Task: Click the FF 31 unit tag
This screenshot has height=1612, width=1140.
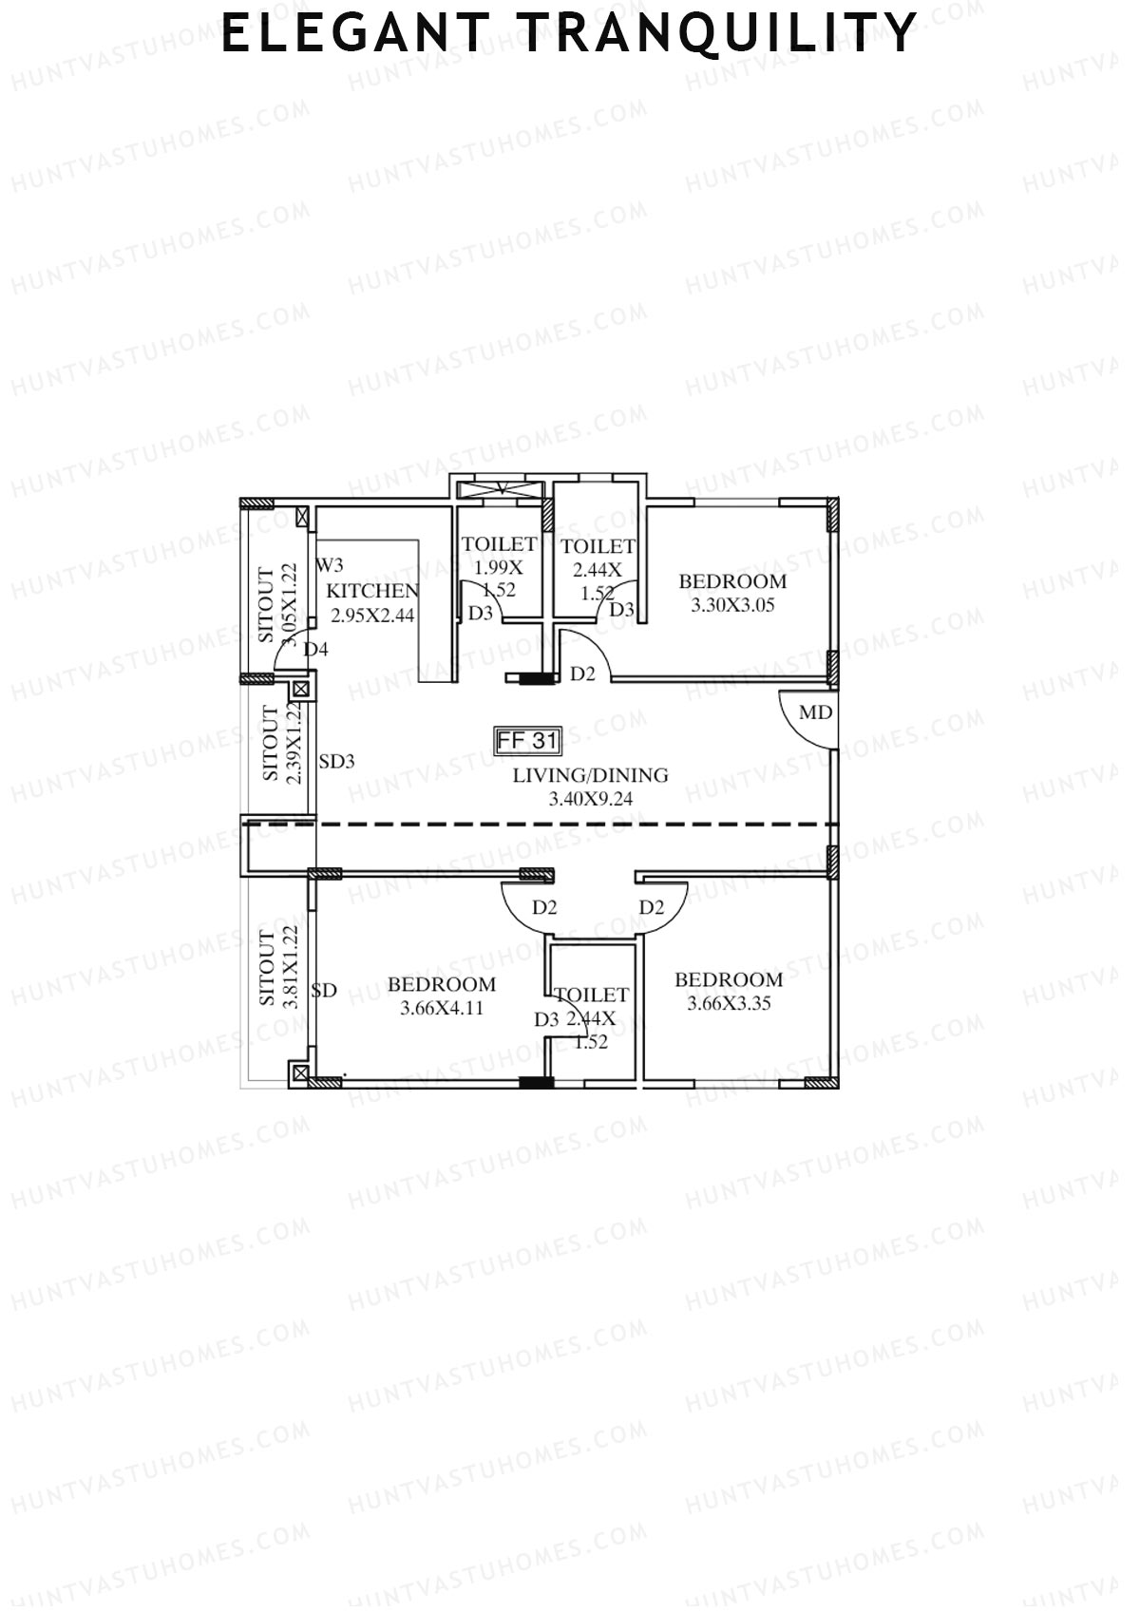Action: point(529,740)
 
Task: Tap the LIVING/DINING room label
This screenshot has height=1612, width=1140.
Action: point(590,775)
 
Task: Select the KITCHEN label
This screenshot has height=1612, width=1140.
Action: point(372,591)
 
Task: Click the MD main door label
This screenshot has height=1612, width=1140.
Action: point(815,712)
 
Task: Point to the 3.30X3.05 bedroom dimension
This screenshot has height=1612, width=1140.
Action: point(731,605)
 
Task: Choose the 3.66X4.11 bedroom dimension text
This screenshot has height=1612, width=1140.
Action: point(442,1008)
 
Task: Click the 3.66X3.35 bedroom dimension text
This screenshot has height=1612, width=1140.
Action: point(729,1003)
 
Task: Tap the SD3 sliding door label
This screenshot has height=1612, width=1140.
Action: point(336,761)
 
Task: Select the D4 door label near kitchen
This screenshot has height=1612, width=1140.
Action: point(315,650)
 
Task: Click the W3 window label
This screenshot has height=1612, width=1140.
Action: point(330,565)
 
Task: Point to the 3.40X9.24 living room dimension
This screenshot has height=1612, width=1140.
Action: point(590,799)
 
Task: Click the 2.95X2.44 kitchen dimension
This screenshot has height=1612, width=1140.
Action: point(372,615)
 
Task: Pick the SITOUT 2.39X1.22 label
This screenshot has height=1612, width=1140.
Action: point(282,743)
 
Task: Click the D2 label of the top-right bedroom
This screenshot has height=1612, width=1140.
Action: point(582,674)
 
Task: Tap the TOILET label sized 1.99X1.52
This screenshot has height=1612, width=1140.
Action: point(499,544)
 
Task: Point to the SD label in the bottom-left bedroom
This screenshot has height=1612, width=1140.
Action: point(324,990)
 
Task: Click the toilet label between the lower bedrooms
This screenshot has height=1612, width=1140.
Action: point(591,995)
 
